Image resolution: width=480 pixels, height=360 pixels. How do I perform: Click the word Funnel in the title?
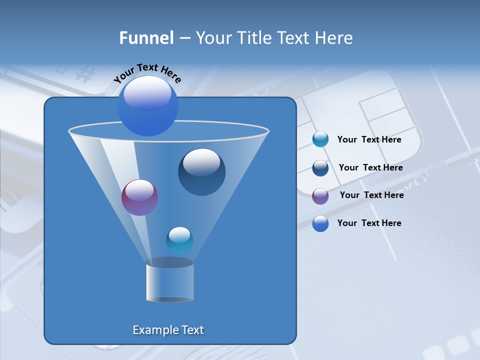146,38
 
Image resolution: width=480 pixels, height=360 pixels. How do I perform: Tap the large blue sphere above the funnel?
147,105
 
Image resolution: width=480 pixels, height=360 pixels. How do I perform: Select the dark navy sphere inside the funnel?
201,172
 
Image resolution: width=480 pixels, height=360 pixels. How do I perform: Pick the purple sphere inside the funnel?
139,198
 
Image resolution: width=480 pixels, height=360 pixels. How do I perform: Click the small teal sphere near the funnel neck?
179,240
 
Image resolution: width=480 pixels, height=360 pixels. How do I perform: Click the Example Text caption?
168,330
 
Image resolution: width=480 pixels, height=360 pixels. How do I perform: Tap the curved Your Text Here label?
147,73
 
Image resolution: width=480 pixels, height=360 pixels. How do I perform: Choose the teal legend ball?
320,139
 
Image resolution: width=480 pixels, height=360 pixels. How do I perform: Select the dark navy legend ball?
320,168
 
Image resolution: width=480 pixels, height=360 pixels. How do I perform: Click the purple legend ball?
320,195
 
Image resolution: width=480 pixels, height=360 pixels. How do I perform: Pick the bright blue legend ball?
320,223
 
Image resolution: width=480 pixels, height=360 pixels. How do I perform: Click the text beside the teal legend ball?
369,140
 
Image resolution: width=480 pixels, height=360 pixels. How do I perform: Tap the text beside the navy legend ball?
370,168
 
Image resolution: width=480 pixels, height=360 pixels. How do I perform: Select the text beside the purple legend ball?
371,195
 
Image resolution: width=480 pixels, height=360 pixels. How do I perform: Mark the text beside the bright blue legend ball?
369,223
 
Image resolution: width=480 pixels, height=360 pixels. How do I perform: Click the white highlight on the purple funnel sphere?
139,190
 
